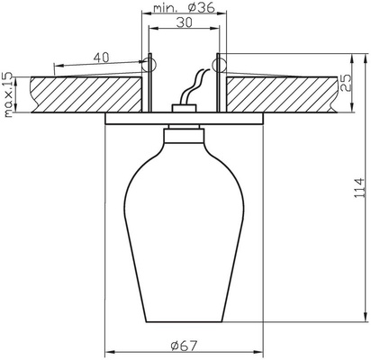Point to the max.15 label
click(10, 93)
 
